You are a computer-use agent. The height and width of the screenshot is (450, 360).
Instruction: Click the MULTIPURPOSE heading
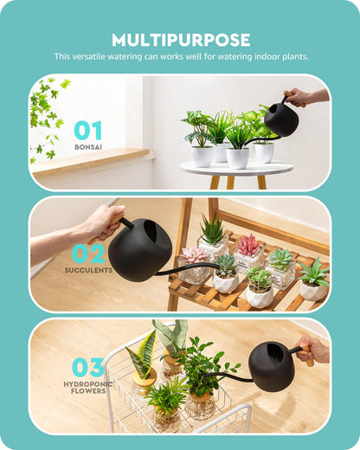click(181, 40)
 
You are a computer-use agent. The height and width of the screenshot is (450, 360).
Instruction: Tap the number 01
click(87, 131)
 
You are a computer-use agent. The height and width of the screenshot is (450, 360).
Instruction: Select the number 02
click(88, 253)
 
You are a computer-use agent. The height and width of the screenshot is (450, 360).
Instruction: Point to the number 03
click(88, 367)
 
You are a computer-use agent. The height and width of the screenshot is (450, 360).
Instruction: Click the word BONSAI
click(88, 148)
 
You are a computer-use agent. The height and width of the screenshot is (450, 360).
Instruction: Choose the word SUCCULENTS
click(88, 270)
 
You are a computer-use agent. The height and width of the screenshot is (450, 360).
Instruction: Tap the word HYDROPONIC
click(88, 383)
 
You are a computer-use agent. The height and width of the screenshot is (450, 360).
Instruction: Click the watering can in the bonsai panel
click(280, 119)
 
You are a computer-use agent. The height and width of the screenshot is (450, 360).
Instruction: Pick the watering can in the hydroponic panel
click(272, 365)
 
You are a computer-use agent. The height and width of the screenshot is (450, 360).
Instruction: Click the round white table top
click(236, 169)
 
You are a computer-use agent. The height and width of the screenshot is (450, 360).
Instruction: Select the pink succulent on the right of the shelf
click(248, 245)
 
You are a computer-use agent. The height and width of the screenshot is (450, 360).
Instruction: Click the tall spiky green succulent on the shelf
click(212, 229)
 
